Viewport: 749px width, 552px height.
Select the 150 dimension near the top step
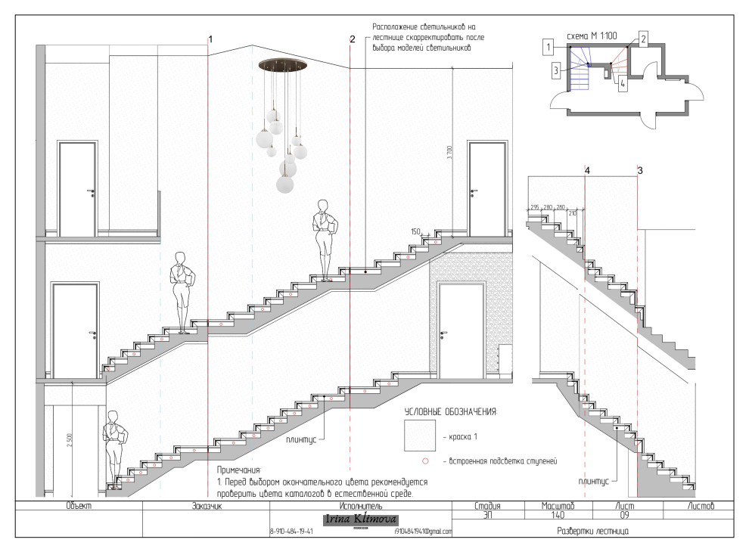(x=415, y=231)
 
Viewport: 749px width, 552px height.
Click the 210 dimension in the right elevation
(x=572, y=214)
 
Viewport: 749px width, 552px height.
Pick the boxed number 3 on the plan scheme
(x=556, y=70)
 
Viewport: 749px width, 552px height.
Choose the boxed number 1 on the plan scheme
(x=546, y=47)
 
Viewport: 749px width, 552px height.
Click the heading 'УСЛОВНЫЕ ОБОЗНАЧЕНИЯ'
(x=450, y=411)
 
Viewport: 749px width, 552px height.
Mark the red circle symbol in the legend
(x=425, y=461)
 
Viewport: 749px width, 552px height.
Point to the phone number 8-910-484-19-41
(x=291, y=532)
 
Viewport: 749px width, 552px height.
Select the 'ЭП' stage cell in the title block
(x=488, y=515)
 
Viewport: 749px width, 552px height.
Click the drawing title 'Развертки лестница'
(x=592, y=531)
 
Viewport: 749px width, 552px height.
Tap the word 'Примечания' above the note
(x=238, y=470)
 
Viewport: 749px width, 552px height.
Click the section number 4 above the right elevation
(x=587, y=172)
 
